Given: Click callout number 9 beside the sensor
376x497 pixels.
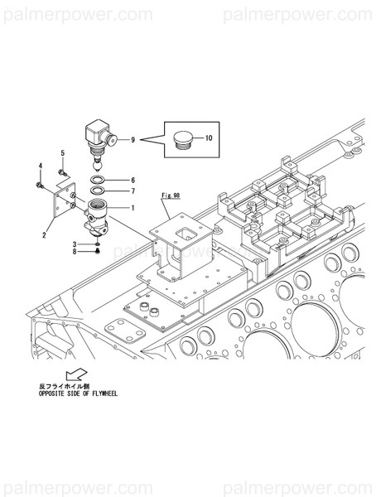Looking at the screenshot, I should pos(131,141).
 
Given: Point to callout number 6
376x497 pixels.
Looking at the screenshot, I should pos(131,180).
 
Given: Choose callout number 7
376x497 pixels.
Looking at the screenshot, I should pos(131,191).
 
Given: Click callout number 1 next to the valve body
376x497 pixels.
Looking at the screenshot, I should pos(131,208).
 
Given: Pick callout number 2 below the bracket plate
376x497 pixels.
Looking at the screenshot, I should pos(44,235).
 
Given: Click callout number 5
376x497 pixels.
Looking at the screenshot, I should pos(60,154).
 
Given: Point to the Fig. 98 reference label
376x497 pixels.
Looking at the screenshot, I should pos(171,195).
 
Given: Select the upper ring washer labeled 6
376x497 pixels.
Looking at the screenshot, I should pos(98,180).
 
